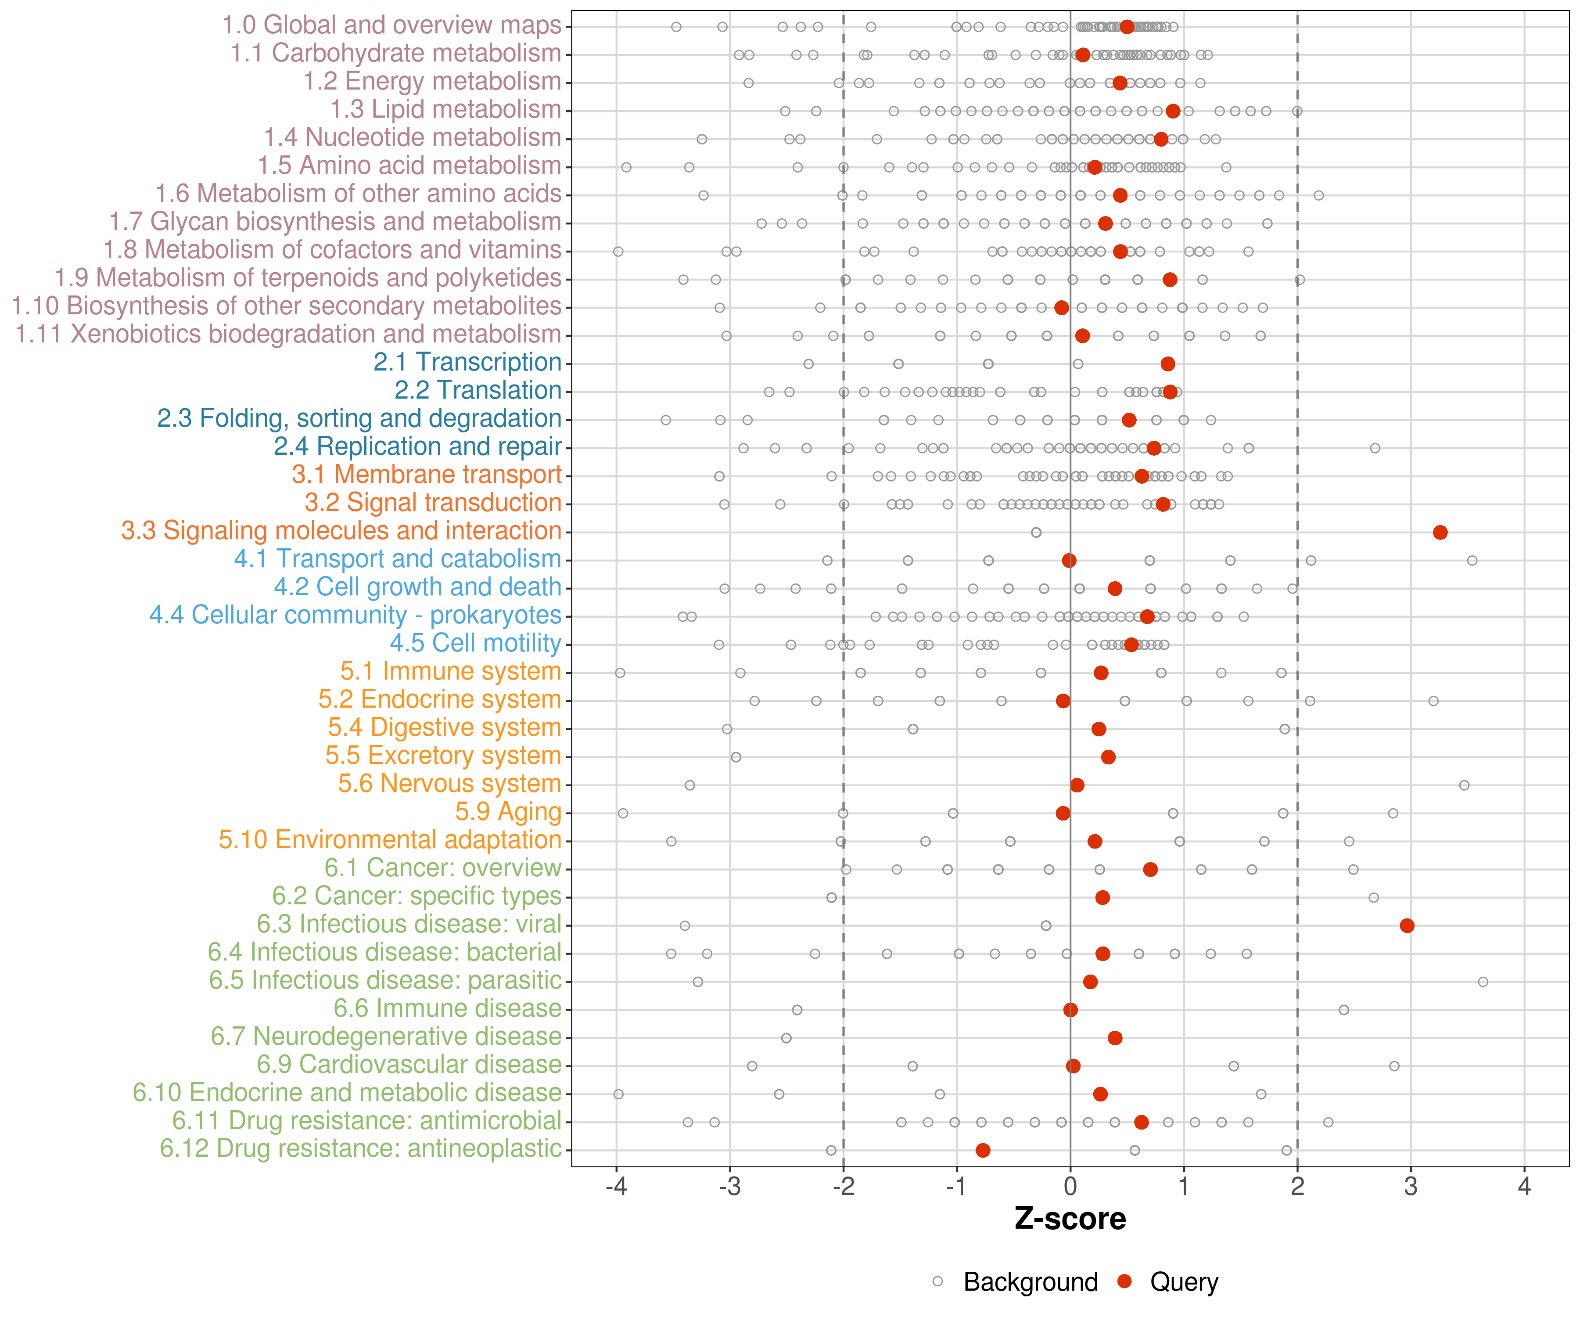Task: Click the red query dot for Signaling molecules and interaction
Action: [1439, 532]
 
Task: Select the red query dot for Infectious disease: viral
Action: [1406, 925]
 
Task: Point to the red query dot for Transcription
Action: [1167, 363]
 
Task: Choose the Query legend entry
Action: [1184, 1281]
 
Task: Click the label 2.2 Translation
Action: [478, 390]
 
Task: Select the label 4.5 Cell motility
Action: [475, 643]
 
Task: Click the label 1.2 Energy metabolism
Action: [432, 81]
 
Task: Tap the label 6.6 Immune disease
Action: [448, 1008]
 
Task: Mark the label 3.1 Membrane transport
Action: [427, 474]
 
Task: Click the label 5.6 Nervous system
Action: [449, 784]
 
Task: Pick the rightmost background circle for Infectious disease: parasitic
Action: [1482, 981]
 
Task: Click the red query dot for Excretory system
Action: [1107, 756]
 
